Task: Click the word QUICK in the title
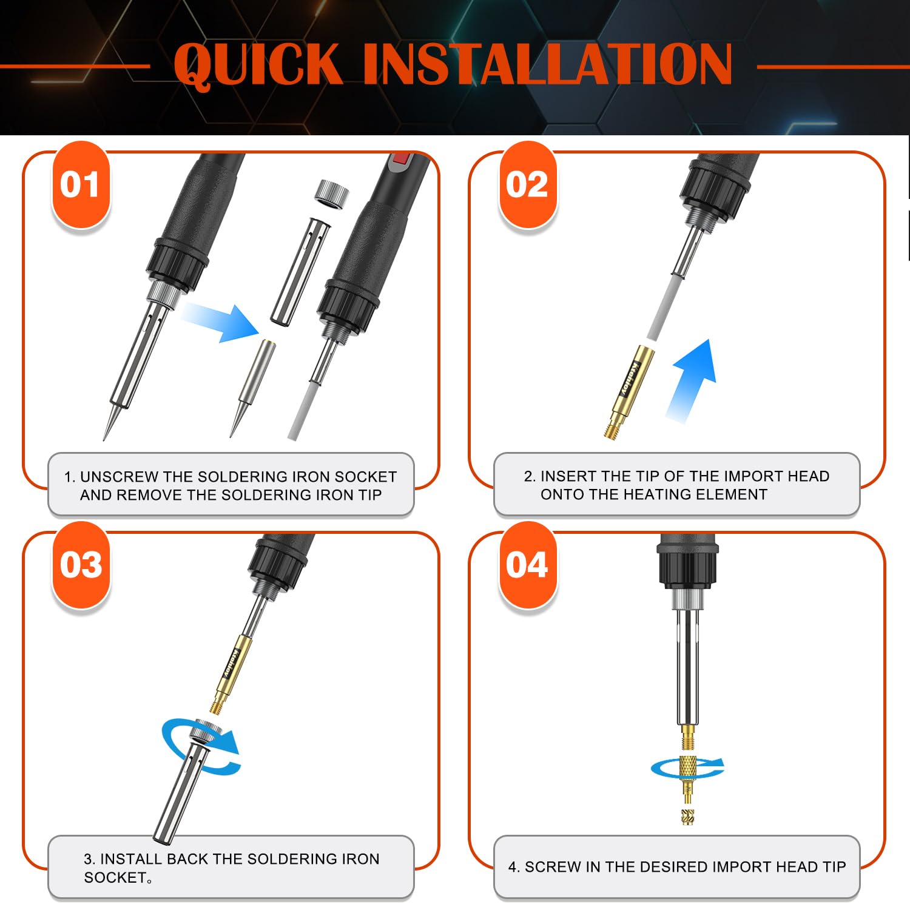tap(258, 64)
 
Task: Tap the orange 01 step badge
tap(81, 184)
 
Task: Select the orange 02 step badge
tap(527, 184)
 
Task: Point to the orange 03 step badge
tap(81, 565)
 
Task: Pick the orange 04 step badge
tap(527, 565)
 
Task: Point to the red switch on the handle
tap(399, 161)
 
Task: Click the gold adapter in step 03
tap(230, 673)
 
